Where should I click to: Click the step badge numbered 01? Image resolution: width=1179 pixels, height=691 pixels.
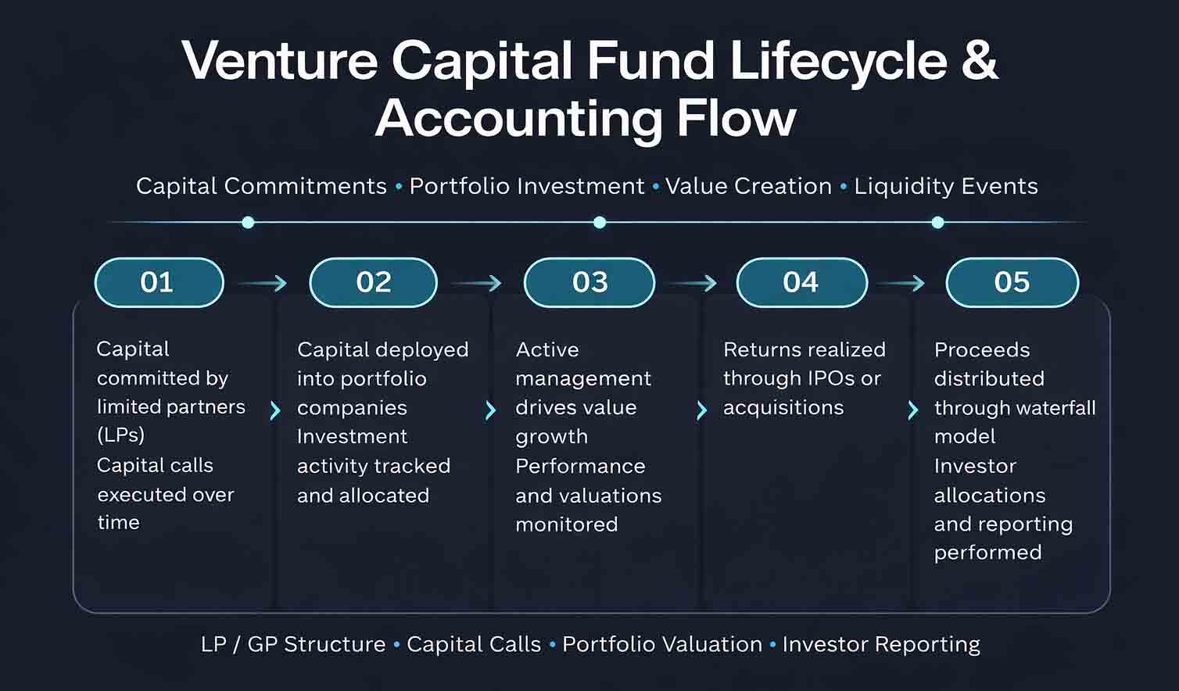(159, 282)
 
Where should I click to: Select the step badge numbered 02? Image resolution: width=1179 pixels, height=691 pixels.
(373, 282)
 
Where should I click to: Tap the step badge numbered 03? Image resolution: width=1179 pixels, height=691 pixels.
(589, 282)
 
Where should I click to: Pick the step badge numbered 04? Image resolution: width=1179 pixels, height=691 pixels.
(801, 282)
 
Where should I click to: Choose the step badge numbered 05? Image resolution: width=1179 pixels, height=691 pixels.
(1012, 282)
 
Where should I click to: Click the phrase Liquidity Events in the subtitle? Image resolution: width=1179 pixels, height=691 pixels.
(946, 186)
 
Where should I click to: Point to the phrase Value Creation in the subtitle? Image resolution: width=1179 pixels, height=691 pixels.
(748, 186)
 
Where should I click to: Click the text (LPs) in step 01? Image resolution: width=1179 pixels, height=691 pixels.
(121, 435)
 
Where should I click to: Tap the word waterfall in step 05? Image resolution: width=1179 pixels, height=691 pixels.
(1052, 408)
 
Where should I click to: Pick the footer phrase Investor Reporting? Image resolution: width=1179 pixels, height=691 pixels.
(881, 644)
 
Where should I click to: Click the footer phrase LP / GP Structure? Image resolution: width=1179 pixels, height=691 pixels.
(293, 644)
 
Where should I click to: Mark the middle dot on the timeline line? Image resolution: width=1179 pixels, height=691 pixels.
(600, 223)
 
